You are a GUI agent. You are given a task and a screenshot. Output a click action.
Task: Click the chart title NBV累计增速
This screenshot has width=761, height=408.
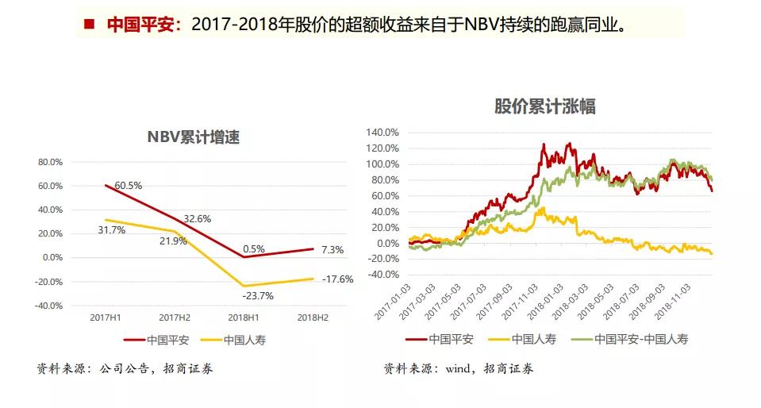coord(194,137)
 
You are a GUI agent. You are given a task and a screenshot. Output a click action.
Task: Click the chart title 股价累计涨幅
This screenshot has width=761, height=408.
coord(545,106)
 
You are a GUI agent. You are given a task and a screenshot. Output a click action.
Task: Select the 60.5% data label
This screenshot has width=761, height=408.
coord(128,186)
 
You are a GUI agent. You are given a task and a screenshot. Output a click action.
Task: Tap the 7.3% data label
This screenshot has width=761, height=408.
coord(332,250)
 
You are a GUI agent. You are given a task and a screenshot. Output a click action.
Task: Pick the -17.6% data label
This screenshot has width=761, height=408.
coord(337,279)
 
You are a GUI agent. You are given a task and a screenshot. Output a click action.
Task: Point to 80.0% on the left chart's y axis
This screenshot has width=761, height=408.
coord(50,162)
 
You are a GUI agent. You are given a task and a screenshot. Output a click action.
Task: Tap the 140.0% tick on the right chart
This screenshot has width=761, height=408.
coord(382,133)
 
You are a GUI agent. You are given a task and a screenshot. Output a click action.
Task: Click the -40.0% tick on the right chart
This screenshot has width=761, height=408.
coord(382,275)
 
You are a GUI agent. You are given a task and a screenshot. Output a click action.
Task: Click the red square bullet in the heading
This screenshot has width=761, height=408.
coord(90,24)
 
